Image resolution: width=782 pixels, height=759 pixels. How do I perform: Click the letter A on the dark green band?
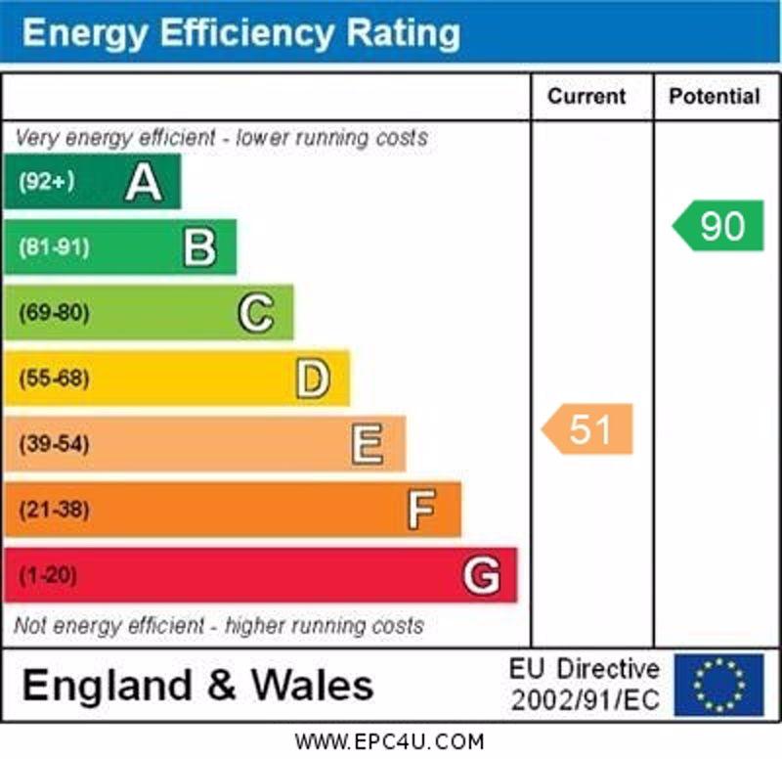pyautogui.click(x=144, y=182)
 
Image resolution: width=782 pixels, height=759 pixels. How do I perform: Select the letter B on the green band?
pyautogui.click(x=199, y=247)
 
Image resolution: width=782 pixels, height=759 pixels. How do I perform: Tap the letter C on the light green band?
pyautogui.click(x=256, y=313)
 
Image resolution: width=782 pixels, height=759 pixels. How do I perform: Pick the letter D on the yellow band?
pyautogui.click(x=313, y=379)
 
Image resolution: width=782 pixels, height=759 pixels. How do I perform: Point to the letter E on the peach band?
pyautogui.click(x=368, y=444)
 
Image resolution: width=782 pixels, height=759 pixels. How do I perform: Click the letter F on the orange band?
pyautogui.click(x=422, y=510)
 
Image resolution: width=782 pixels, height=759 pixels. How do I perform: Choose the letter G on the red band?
pyautogui.click(x=481, y=575)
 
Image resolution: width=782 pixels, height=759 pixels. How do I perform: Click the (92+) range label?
pyautogui.click(x=47, y=182)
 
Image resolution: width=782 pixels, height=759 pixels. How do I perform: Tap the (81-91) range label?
pyautogui.click(x=54, y=247)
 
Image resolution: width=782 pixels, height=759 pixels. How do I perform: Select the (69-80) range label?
pyautogui.click(x=54, y=313)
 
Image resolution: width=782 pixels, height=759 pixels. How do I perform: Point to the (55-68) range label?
pyautogui.click(x=54, y=379)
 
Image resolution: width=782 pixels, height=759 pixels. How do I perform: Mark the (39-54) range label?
pyautogui.click(x=54, y=444)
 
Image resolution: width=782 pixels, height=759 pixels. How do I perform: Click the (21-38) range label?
pyautogui.click(x=54, y=510)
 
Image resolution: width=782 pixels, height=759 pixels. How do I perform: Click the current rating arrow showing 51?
pyautogui.click(x=588, y=429)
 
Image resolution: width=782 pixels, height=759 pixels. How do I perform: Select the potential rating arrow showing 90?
pyautogui.click(x=719, y=226)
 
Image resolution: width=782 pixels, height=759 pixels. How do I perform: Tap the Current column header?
pyautogui.click(x=586, y=96)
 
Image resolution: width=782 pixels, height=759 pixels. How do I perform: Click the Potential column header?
pyautogui.click(x=715, y=96)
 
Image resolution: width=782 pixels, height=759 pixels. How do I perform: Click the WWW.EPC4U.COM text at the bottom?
pyautogui.click(x=389, y=741)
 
